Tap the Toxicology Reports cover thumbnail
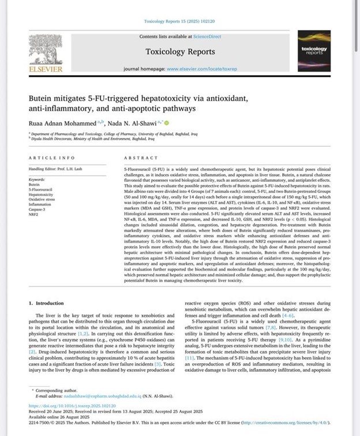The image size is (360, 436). pos(314,50)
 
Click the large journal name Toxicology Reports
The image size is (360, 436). pos(180,51)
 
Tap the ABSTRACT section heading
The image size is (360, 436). pos(141,158)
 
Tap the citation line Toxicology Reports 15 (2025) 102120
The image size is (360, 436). pos(179,21)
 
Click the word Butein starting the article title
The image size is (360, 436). pos(42,98)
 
